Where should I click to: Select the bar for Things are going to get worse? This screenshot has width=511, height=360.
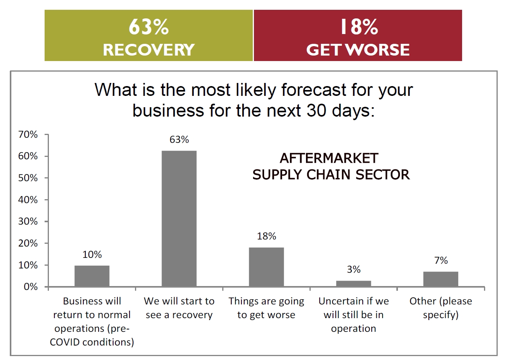(x=266, y=267)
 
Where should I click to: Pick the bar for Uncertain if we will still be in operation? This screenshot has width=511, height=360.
(x=353, y=283)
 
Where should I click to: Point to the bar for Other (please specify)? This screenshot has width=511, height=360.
(x=441, y=279)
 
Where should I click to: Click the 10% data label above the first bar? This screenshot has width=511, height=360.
(x=92, y=255)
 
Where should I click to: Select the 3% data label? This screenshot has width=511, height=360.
(x=353, y=270)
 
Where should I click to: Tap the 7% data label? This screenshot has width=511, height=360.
(x=441, y=261)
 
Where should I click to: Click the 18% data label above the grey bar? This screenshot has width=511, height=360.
(x=266, y=236)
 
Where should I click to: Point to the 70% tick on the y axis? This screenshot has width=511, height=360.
(x=28, y=135)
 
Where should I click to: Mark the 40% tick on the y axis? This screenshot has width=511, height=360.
(x=28, y=200)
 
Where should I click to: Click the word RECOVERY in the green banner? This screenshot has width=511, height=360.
(x=149, y=50)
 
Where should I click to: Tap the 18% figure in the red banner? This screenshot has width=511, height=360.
(x=358, y=27)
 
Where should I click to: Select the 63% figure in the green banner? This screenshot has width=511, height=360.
(x=149, y=27)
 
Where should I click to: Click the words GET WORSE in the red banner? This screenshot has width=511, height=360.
(x=358, y=50)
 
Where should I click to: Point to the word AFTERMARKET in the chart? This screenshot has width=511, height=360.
(x=329, y=158)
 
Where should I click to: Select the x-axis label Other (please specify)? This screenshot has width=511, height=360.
(x=441, y=308)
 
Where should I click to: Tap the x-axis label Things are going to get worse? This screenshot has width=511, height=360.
(x=266, y=308)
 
